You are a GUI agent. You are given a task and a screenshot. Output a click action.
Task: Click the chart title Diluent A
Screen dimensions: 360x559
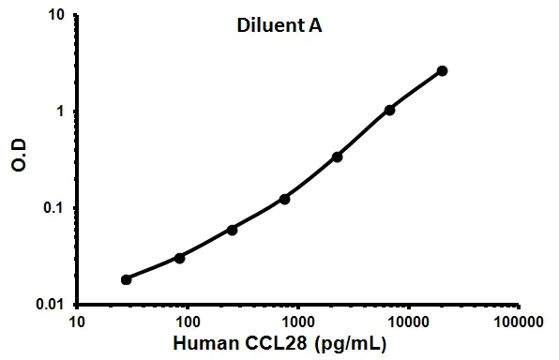279,27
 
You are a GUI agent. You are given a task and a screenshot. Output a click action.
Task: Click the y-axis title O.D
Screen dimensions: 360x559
20,161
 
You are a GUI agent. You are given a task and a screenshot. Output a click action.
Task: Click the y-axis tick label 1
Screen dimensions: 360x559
62,112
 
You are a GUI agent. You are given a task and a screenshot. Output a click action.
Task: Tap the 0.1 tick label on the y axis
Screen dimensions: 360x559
56,208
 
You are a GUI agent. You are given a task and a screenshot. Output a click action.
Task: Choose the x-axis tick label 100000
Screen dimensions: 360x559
520,322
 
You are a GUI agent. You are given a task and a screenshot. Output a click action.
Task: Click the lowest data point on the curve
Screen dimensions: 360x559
127,279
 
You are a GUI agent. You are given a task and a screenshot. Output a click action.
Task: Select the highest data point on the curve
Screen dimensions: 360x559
443,70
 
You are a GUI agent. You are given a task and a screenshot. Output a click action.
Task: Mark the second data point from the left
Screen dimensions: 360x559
179,257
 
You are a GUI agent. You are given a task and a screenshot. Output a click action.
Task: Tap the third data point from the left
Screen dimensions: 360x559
232,230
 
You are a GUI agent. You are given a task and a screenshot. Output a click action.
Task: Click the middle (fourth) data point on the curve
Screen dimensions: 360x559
284,199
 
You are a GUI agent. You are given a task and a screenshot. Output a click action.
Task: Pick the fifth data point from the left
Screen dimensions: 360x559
338,157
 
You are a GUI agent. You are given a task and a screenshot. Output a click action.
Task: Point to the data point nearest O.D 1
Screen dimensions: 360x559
390,110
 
